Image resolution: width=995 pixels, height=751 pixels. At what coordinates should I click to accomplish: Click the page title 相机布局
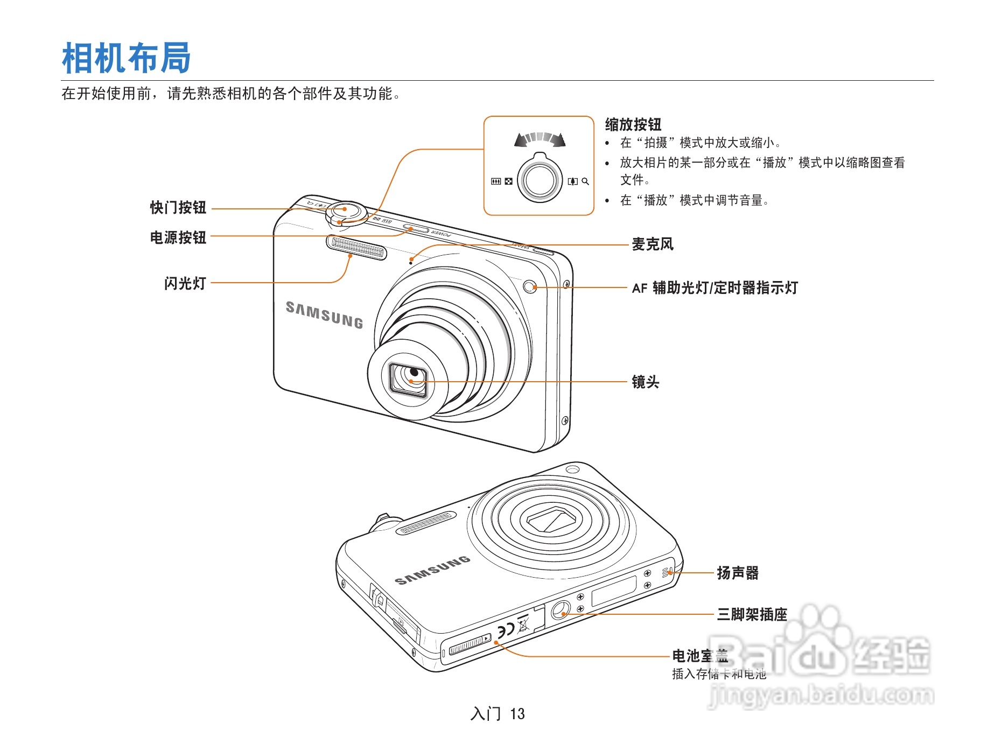126,58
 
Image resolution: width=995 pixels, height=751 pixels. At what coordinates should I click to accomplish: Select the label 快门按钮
178,208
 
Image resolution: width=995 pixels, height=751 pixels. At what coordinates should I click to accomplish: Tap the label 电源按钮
178,237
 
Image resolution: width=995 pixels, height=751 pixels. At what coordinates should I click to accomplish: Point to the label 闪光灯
185,283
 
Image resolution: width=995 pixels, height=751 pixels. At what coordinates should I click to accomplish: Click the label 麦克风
652,244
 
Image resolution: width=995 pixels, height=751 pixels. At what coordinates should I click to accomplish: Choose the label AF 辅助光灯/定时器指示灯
714,288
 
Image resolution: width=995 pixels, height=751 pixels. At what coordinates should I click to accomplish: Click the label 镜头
645,382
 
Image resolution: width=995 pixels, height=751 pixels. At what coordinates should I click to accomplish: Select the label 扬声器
737,573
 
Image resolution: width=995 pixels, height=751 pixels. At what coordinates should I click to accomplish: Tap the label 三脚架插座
752,614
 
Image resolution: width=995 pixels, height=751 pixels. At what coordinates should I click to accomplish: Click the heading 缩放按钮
633,125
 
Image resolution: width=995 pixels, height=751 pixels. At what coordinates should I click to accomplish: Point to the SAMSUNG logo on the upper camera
324,315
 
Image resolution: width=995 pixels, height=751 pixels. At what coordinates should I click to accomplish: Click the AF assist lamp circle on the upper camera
530,286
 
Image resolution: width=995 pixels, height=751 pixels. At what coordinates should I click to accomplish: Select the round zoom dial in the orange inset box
539,180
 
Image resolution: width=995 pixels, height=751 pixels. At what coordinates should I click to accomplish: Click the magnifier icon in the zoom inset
585,182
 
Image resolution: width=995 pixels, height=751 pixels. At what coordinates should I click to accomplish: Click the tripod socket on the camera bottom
560,609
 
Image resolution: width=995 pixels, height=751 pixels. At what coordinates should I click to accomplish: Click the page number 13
517,714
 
